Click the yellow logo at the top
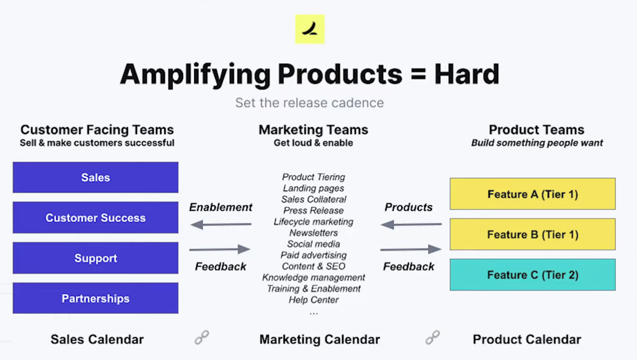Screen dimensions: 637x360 point(310,29)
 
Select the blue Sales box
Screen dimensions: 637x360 point(95,177)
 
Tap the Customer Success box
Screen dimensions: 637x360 point(95,218)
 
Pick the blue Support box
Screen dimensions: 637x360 point(95,258)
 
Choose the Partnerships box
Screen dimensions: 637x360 point(95,298)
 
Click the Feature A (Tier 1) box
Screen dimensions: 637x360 point(533,194)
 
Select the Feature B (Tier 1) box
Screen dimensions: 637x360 point(533,234)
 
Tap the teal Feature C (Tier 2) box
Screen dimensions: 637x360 point(533,274)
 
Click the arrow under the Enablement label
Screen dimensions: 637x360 point(221,224)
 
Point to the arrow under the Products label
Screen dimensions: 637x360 point(411,224)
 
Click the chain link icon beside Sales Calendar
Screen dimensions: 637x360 point(202,338)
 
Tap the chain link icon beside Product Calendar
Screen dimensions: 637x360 point(432,338)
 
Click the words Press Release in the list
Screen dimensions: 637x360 point(314,210)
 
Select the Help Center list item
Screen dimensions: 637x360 point(314,299)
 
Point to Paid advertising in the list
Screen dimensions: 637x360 point(314,255)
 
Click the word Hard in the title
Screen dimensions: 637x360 point(466,74)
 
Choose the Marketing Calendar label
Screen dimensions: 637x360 point(320,339)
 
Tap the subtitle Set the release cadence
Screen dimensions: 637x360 point(309,103)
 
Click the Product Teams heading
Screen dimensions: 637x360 point(537,130)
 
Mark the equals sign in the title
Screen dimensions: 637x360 point(418,75)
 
